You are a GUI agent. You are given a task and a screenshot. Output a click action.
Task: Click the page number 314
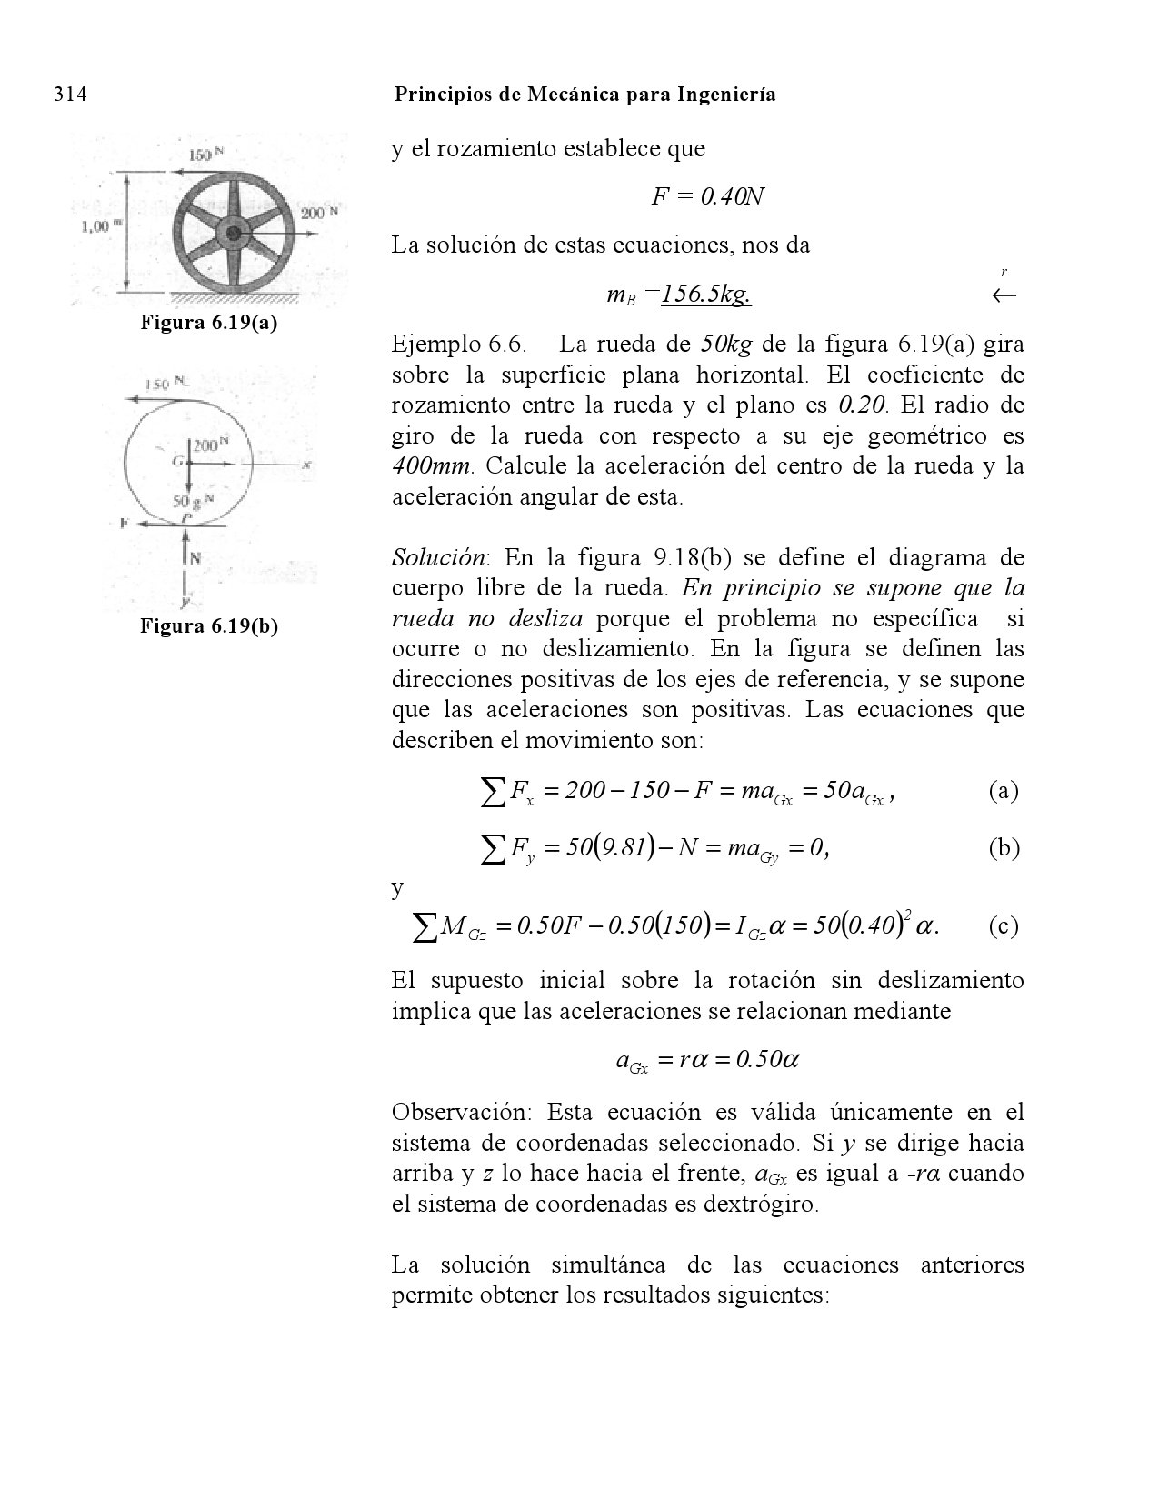click(70, 95)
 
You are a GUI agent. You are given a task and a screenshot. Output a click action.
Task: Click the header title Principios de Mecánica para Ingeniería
click(585, 95)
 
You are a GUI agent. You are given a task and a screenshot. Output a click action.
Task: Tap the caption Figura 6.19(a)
click(208, 323)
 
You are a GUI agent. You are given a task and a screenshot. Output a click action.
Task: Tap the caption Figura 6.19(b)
click(208, 625)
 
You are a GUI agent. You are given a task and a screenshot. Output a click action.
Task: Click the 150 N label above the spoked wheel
click(205, 155)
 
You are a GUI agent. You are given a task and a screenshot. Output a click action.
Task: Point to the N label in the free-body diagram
click(195, 558)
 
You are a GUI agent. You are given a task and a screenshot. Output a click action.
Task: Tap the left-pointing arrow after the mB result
click(1004, 295)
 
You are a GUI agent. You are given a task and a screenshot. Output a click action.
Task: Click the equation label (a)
click(1004, 792)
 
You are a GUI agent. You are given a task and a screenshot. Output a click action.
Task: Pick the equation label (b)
click(1004, 848)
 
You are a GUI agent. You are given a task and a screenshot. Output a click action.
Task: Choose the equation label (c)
click(1004, 926)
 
